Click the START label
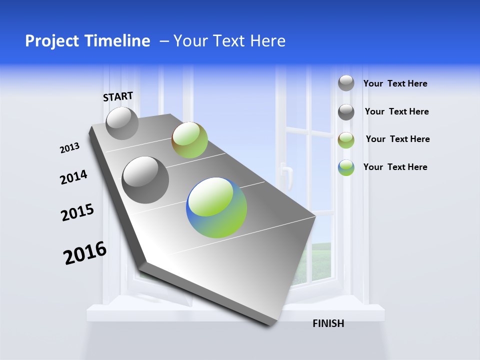pos(118,96)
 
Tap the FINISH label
pos(328,323)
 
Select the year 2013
pos(69,148)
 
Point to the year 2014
pos(73,177)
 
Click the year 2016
pos(85,253)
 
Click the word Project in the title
pos(49,41)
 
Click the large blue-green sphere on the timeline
pos(216,207)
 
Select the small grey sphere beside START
pos(122,123)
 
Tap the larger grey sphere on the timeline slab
pos(145,179)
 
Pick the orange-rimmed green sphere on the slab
pos(189,140)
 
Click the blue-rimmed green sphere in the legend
pos(346,167)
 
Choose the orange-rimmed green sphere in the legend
pos(346,140)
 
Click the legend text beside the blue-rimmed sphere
pos(395,167)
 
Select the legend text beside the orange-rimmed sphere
pos(397,139)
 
